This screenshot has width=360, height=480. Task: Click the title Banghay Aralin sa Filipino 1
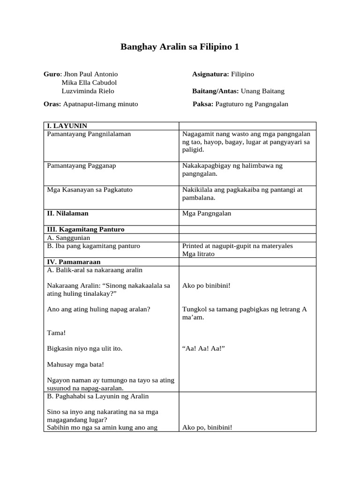point(180,47)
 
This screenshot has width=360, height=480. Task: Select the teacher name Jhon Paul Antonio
point(90,74)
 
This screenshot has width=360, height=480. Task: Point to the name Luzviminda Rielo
point(88,91)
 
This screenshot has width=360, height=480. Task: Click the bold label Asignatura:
point(210,74)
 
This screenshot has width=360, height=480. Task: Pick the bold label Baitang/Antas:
point(216,91)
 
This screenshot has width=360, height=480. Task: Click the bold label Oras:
point(52,104)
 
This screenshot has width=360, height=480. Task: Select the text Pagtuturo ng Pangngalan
point(252,104)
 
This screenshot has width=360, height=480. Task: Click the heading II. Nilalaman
point(68,213)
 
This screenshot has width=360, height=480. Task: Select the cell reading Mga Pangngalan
point(207,213)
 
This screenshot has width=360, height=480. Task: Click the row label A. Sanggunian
point(69,238)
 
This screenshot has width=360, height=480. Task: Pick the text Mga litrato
point(198,254)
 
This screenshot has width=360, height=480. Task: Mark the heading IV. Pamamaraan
point(74,262)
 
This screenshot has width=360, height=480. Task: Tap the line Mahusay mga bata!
point(76,364)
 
